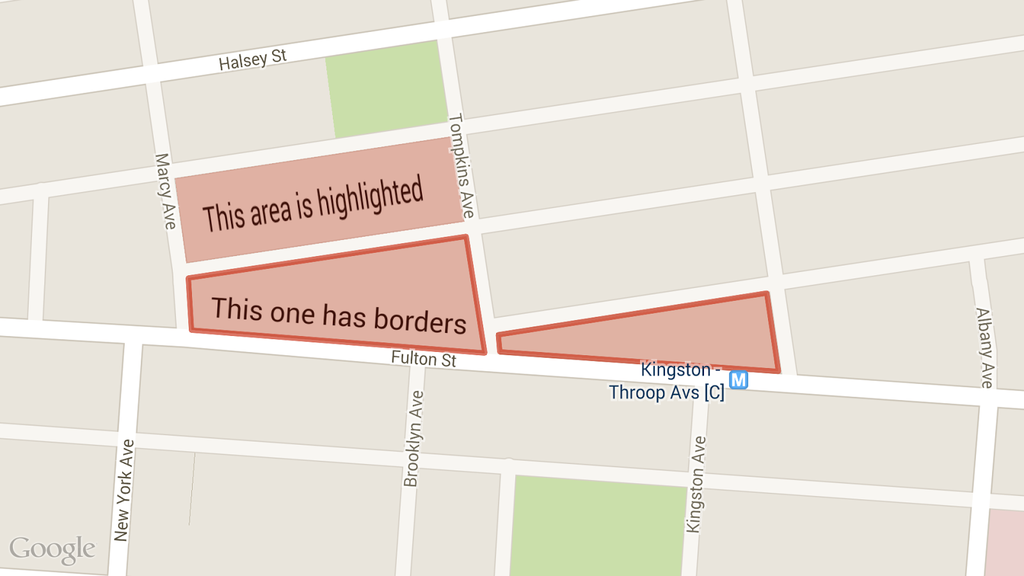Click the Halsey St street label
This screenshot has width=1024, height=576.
pos(252,60)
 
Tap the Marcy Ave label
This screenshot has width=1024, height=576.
pos(165,191)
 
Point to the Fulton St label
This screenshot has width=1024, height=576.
pos(424,359)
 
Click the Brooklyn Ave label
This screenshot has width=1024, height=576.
pos(413,438)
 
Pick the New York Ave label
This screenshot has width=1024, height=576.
pos(124,490)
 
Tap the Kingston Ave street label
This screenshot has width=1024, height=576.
pos(696,484)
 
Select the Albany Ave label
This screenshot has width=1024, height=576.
pos(984,348)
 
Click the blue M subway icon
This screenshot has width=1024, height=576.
pos(739,380)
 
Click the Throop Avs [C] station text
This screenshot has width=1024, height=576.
pos(666,392)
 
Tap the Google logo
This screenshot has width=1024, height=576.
pos(52,550)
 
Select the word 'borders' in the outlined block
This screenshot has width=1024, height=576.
pos(420,320)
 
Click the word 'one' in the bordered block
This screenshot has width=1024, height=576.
pos(292,313)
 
